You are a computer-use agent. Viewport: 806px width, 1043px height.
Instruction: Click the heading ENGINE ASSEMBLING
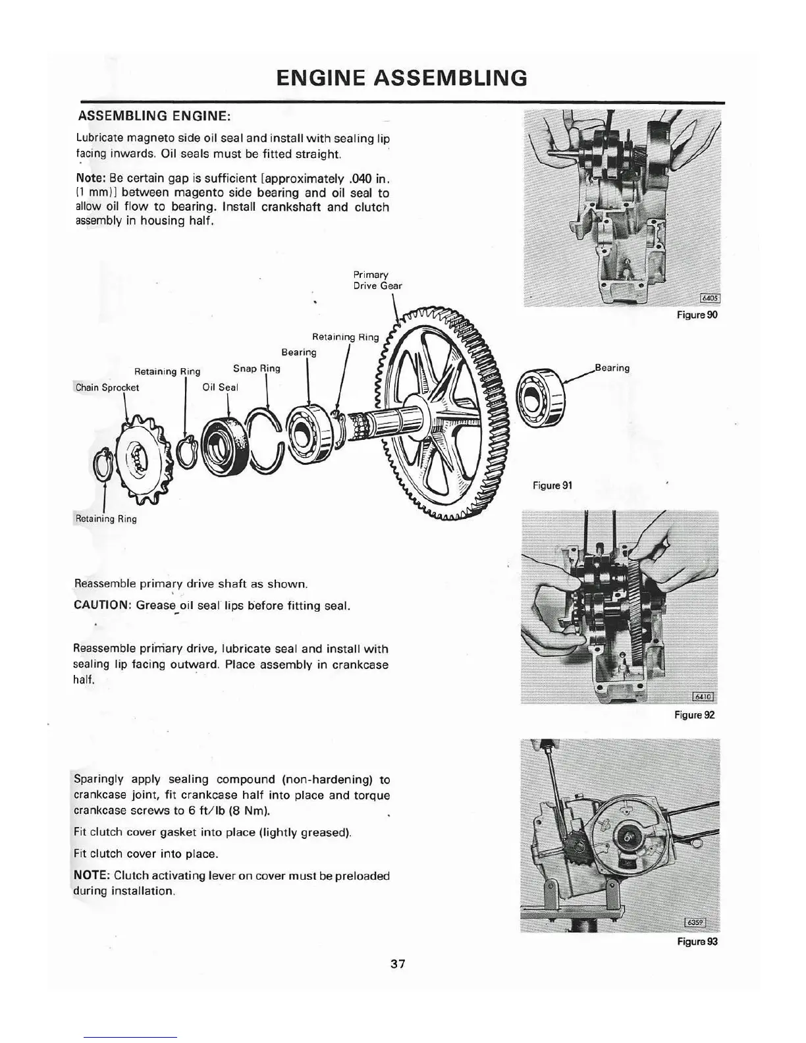coord(402,78)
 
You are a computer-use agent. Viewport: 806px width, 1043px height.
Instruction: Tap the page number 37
coord(398,964)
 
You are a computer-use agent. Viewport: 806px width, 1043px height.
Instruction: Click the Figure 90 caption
coord(697,315)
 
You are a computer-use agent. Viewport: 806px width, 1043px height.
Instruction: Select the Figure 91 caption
coord(552,485)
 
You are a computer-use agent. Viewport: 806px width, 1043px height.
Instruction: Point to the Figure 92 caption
coord(694,714)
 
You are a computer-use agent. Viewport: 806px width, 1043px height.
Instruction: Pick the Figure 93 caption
coord(697,942)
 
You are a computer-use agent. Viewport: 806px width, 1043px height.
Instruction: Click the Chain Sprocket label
coord(107,387)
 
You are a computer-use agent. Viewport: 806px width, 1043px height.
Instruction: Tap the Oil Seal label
coord(220,387)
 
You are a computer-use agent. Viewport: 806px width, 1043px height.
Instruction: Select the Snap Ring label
coord(257,368)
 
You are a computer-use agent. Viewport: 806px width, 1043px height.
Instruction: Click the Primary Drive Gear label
coord(377,280)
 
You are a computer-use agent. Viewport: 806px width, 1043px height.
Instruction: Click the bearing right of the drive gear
coord(541,398)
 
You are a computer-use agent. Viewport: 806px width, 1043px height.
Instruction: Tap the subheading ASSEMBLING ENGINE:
coord(154,117)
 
